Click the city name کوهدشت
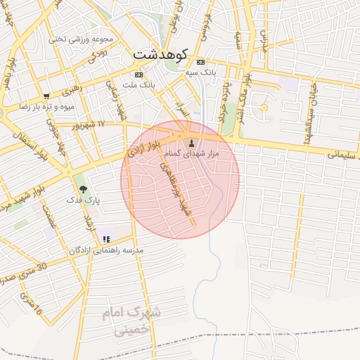[159, 54]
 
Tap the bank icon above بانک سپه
[200, 61]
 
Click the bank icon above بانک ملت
[139, 74]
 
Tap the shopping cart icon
[46, 96]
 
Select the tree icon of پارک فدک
[84, 189]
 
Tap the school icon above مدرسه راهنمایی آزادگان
[106, 240]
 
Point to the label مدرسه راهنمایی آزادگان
[106, 251]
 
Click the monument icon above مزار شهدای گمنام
[191, 143]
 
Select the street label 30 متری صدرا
[21, 272]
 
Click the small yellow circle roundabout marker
[264, 107]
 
